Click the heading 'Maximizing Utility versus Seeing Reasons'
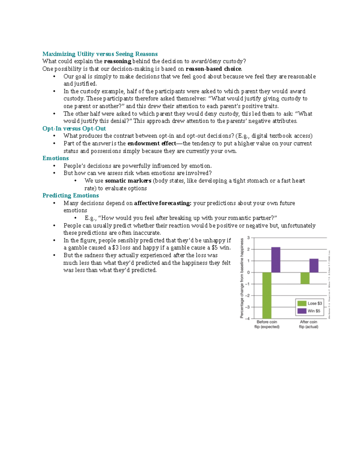[100, 54]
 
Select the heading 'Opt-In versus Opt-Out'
[74, 128]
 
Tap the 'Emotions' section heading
[55, 158]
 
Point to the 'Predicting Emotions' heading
[70, 195]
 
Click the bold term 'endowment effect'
[152, 143]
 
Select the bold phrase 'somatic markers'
[128, 181]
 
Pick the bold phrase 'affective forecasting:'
[163, 203]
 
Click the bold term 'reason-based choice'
[214, 69]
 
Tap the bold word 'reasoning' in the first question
[118, 61]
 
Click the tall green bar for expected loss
[267, 295]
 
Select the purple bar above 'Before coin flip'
[276, 260]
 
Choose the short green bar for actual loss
[305, 278]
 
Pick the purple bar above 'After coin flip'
[314, 266]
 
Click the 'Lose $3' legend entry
[310, 303]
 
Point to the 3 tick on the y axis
[248, 238]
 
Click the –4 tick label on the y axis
[247, 319]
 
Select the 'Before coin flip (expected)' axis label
[267, 324]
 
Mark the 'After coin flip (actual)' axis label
[308, 324]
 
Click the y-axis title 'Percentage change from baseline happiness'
[242, 278]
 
